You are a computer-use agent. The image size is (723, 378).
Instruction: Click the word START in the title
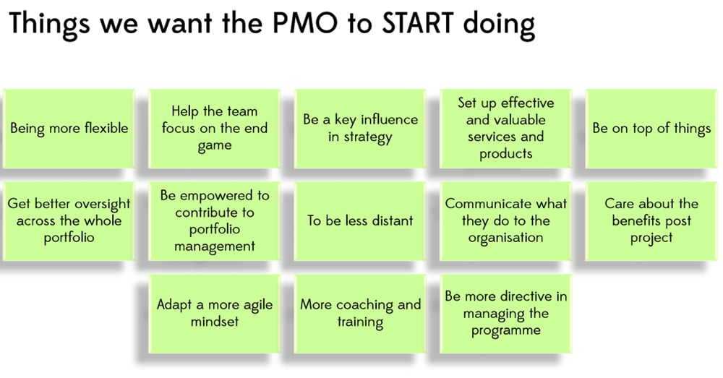pyautogui.click(x=418, y=23)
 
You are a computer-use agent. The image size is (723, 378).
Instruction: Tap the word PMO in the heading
pyautogui.click(x=305, y=23)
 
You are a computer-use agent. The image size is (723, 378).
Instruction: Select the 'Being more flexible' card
pyautogui.click(x=69, y=128)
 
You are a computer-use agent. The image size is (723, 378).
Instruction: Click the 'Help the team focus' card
pyautogui.click(x=215, y=128)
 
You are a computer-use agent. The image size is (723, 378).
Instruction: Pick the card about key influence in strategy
pyautogui.click(x=360, y=128)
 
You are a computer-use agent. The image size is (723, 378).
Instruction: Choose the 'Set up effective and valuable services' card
pyautogui.click(x=506, y=128)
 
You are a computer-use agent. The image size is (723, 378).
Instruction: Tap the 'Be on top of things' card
pyautogui.click(x=651, y=128)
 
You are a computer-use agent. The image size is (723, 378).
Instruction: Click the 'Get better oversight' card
pyautogui.click(x=69, y=221)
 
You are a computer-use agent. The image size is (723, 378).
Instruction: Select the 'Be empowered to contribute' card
pyautogui.click(x=215, y=221)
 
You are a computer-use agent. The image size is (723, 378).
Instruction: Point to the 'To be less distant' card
pyautogui.click(x=360, y=221)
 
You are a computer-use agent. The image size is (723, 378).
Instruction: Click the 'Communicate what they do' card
pyautogui.click(x=506, y=221)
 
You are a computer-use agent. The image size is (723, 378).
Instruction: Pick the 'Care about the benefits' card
pyautogui.click(x=651, y=221)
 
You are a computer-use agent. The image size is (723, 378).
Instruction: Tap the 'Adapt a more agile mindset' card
pyautogui.click(x=215, y=314)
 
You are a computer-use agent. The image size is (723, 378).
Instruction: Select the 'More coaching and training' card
pyautogui.click(x=360, y=314)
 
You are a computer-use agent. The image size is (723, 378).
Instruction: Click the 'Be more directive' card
pyautogui.click(x=506, y=314)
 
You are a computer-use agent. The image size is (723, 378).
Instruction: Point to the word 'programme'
pyautogui.click(x=506, y=331)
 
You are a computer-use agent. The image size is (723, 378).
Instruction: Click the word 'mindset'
pyautogui.click(x=215, y=322)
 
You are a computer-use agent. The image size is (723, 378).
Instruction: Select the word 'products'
pyautogui.click(x=506, y=154)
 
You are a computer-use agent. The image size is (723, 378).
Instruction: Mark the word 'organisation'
pyautogui.click(x=506, y=238)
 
